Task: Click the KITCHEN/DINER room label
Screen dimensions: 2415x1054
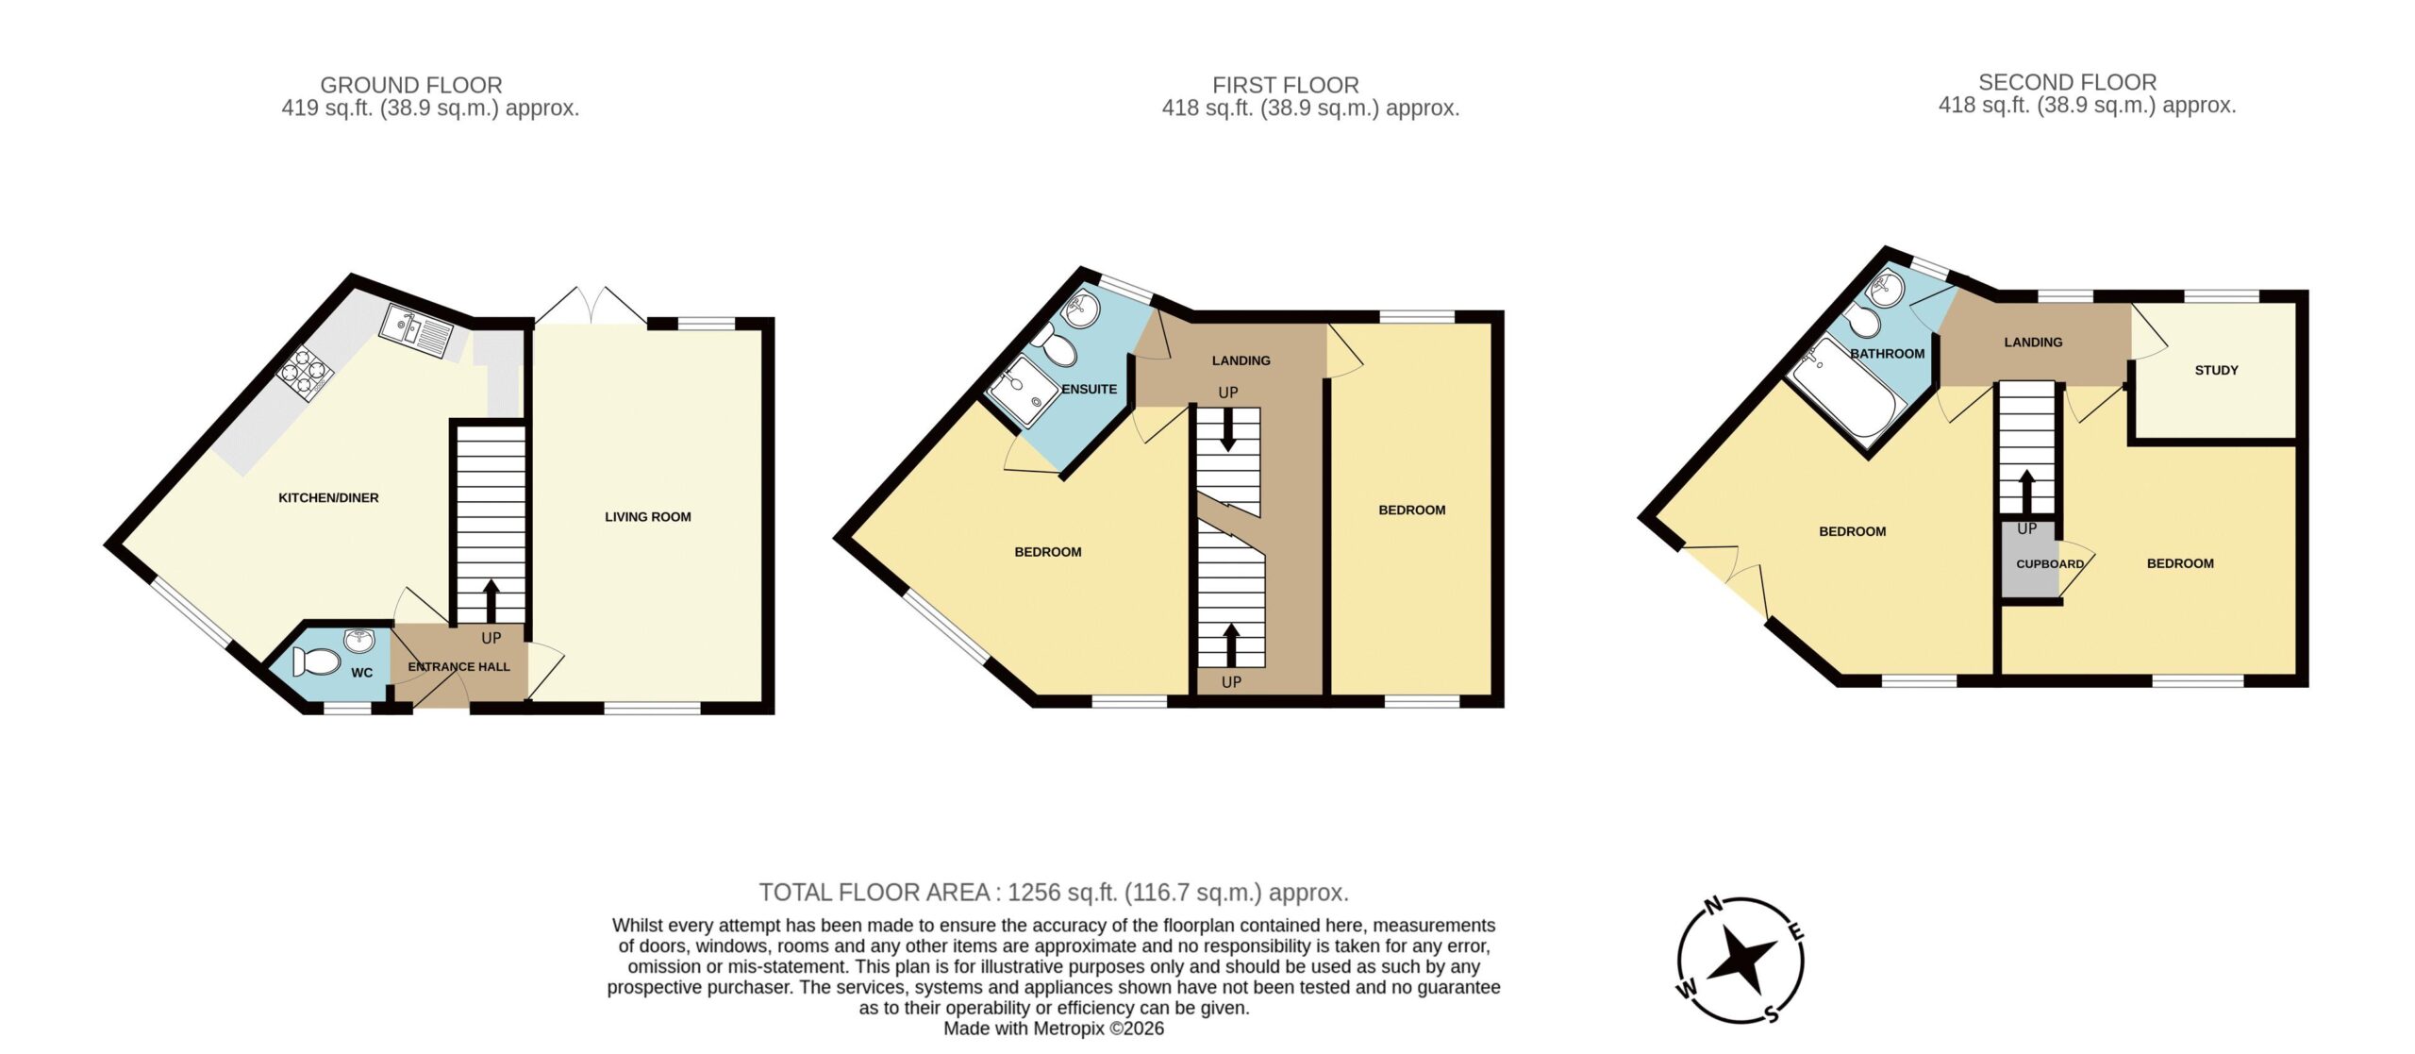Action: coord(328,497)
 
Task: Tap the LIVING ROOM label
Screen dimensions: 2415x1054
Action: coord(648,516)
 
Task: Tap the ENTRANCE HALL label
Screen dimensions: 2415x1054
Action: coord(458,666)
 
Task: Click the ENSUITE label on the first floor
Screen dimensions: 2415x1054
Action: coord(1089,389)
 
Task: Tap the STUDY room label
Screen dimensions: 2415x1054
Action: coord(2216,370)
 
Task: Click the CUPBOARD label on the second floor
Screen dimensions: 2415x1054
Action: coord(2050,563)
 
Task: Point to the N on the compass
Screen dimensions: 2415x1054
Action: coord(1714,906)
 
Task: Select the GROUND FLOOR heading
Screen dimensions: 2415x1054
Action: coord(411,85)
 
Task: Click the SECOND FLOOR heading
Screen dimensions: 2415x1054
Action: coord(2067,82)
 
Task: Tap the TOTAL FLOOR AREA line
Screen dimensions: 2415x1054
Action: coord(1054,892)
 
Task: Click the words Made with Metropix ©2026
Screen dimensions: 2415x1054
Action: coord(1054,1029)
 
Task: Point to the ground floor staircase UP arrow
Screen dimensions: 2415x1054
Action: coord(491,601)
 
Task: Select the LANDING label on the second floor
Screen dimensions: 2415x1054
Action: coord(2033,342)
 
